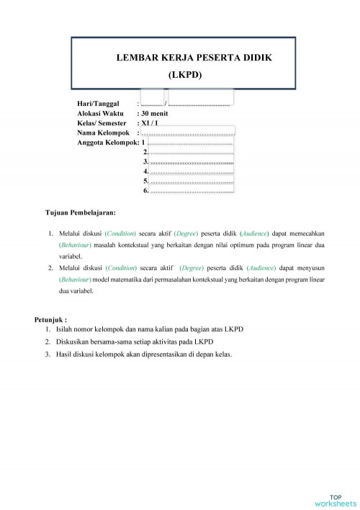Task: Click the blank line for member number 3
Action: (192, 162)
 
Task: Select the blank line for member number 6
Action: (192, 191)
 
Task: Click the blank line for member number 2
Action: (192, 152)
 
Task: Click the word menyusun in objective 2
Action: (311, 267)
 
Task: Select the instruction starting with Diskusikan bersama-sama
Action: (135, 341)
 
